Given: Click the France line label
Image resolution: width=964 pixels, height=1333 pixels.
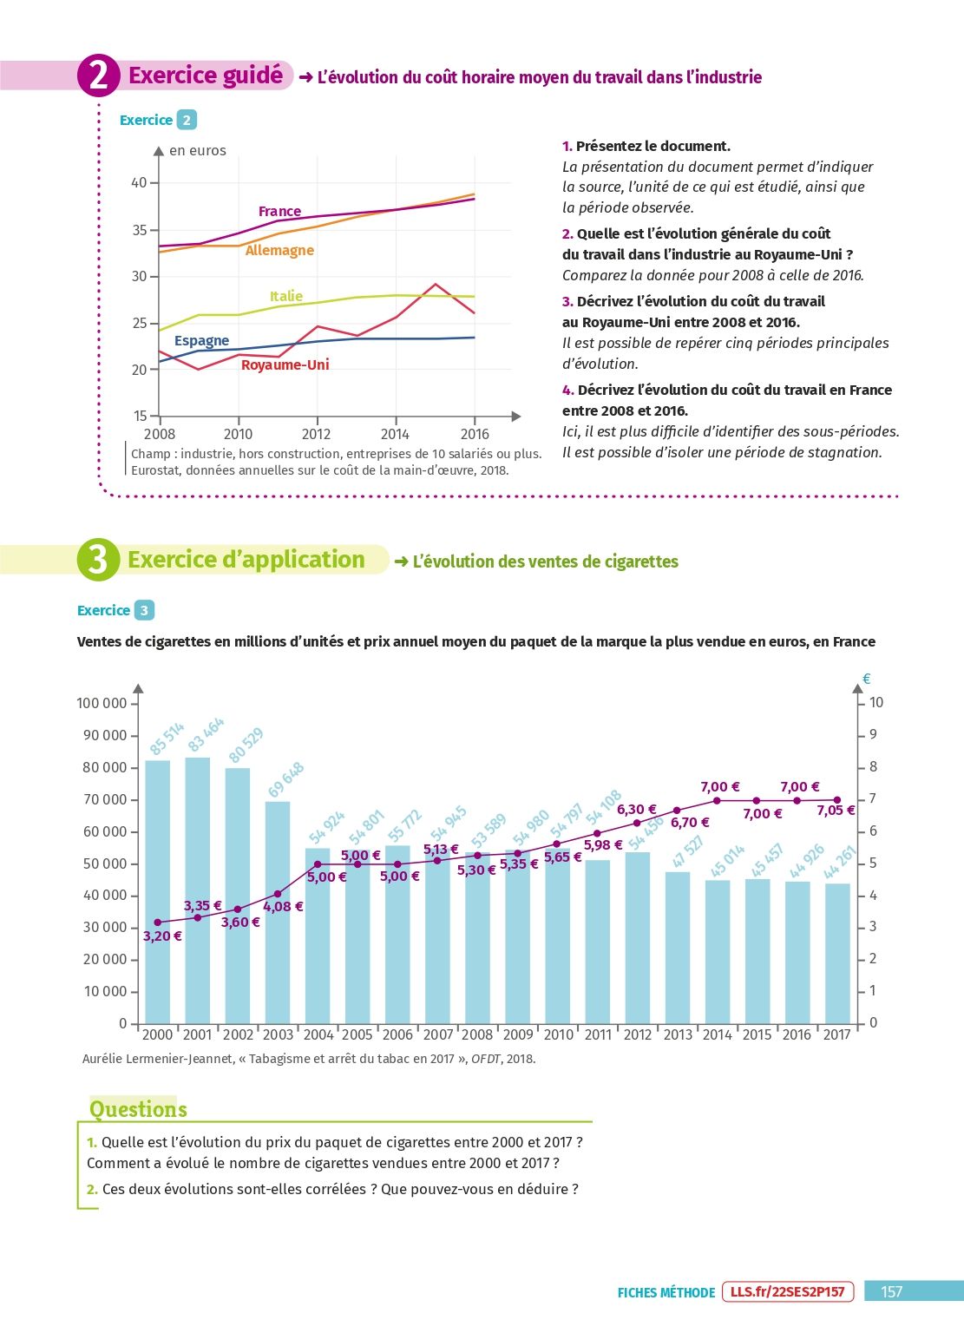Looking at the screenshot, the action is pyautogui.click(x=279, y=211).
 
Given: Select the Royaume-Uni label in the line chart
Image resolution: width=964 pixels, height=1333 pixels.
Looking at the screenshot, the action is pyautogui.click(x=285, y=364).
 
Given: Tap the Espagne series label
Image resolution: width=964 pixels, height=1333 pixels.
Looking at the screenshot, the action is pyautogui.click(x=201, y=341).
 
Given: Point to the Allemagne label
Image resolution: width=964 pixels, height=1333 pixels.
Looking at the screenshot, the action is pyautogui.click(x=279, y=251).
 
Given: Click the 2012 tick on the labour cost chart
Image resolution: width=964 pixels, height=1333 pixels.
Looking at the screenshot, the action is pyautogui.click(x=316, y=434).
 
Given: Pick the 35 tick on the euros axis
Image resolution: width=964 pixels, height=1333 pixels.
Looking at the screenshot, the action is pyautogui.click(x=139, y=230).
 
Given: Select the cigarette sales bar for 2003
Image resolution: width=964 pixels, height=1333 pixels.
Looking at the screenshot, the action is pyautogui.click(x=278, y=912).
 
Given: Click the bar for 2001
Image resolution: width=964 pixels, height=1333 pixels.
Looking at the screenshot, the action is pyautogui.click(x=198, y=890).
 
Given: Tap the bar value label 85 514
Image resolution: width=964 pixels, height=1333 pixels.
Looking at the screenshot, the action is pyautogui.click(x=167, y=738).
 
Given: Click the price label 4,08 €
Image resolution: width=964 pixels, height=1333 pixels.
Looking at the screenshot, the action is pyautogui.click(x=283, y=906).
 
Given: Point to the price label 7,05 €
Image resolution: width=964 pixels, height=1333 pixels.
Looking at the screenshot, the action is pyautogui.click(x=836, y=810).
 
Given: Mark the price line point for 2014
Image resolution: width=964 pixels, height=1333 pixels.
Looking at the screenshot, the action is pyautogui.click(x=717, y=800).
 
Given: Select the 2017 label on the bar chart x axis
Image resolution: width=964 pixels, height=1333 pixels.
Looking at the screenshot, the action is pyautogui.click(x=836, y=1034).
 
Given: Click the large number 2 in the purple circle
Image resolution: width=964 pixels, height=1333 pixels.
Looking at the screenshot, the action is pyautogui.click(x=98, y=76).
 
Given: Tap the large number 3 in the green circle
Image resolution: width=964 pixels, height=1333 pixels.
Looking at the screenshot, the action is pyautogui.click(x=97, y=560).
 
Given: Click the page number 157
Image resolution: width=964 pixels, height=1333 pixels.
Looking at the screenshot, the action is pyautogui.click(x=891, y=1291).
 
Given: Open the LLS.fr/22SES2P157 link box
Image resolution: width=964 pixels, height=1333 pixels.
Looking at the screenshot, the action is pyautogui.click(x=787, y=1291).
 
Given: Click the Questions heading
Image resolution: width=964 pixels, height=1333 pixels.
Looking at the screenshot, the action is pyautogui.click(x=138, y=1109).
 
